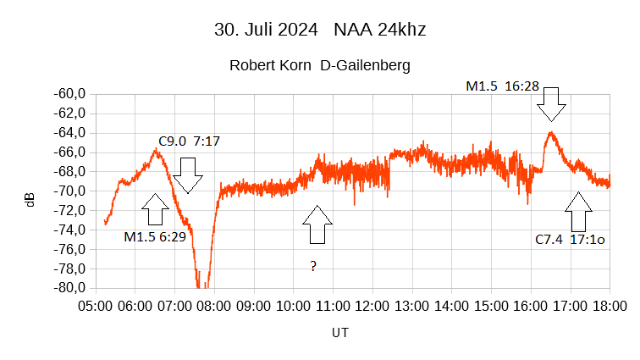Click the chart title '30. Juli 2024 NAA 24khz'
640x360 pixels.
tap(319, 30)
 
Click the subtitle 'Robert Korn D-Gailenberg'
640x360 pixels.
tap(319, 65)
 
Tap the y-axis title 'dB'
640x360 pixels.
tap(30, 200)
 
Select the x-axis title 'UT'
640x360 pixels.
tap(339, 333)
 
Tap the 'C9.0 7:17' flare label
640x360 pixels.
tap(189, 141)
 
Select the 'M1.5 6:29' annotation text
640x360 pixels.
tap(155, 237)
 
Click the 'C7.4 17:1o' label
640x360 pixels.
tap(570, 240)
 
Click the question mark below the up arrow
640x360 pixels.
tap(313, 267)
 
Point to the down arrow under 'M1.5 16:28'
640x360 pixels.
tap(551, 103)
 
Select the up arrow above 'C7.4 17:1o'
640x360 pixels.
tap(579, 212)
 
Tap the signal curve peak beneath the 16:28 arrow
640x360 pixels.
tap(551, 133)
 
